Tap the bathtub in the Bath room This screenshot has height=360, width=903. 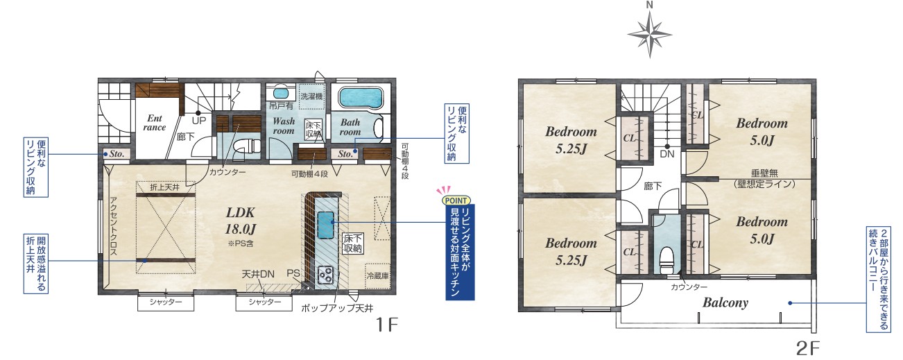point(360,98)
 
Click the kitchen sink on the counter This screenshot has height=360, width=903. point(325,225)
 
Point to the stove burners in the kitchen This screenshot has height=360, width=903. point(325,274)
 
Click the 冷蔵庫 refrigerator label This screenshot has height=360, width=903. point(377,276)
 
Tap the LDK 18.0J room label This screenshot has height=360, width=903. point(240,221)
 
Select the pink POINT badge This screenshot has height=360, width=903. point(456,200)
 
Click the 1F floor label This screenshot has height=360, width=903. point(386,324)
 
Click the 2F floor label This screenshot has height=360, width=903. point(807,348)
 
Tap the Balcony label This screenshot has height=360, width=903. point(725,302)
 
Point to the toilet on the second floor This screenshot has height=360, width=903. point(666,260)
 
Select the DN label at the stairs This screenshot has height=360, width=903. point(667,154)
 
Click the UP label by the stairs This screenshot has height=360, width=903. point(199,121)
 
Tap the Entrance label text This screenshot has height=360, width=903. point(155,123)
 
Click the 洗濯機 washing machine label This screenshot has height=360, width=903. point(311,96)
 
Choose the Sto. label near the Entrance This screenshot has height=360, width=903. point(117,154)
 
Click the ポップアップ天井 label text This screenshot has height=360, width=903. point(337,309)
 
